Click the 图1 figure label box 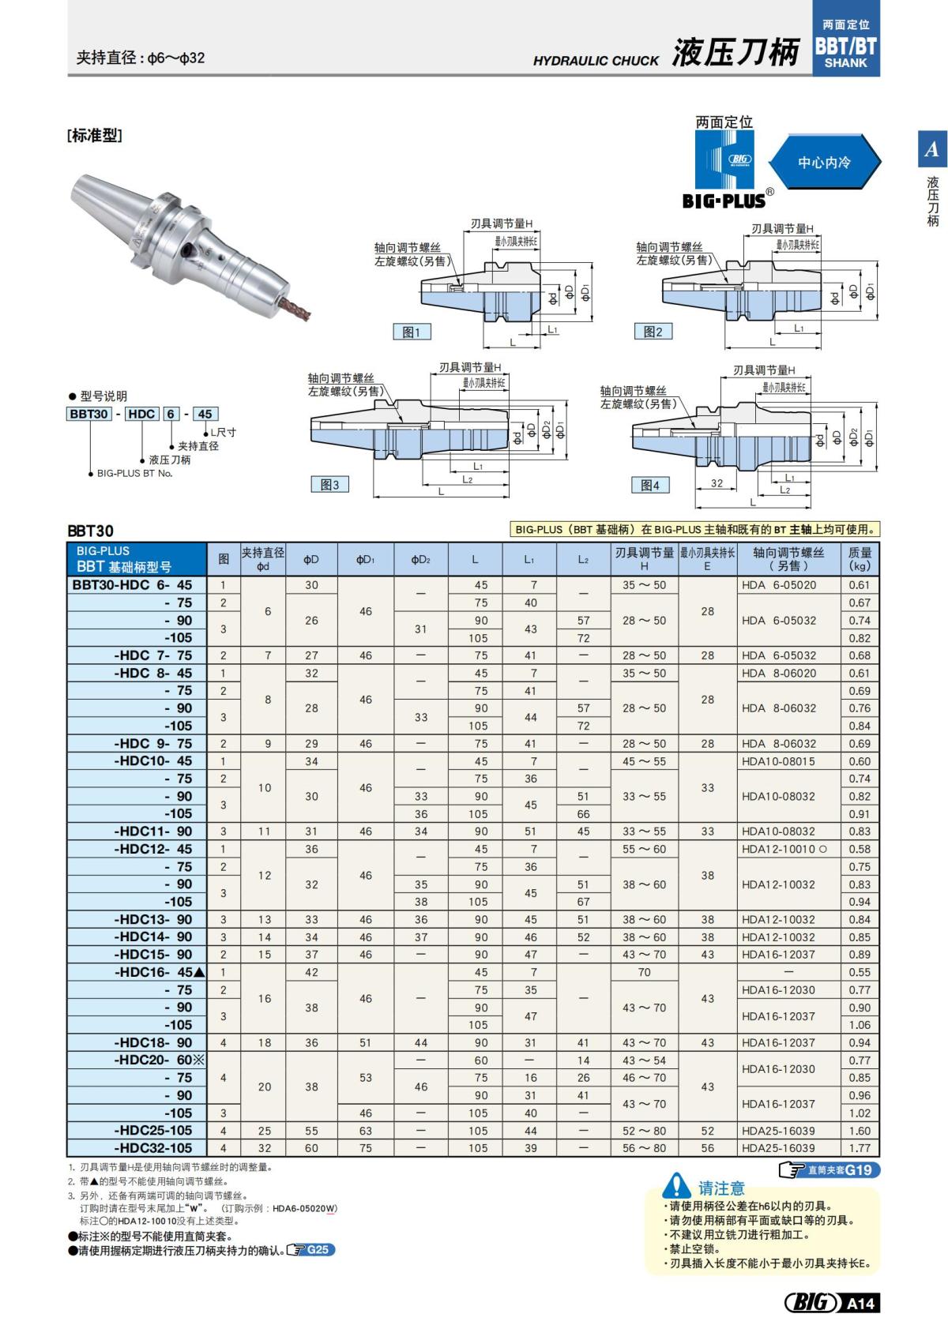[412, 332]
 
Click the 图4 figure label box [650, 485]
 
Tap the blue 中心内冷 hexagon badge [824, 163]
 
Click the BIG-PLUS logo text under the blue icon [724, 201]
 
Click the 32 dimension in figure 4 [717, 483]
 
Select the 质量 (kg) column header [860, 559]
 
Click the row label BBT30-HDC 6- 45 [132, 585]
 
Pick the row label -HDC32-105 [153, 1148]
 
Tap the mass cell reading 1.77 [860, 1148]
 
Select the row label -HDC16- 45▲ [159, 972]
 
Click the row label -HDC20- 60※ [159, 1060]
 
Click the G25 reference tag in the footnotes [310, 1250]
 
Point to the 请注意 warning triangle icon [677, 1186]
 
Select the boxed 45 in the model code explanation [205, 414]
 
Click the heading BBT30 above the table [90, 531]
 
